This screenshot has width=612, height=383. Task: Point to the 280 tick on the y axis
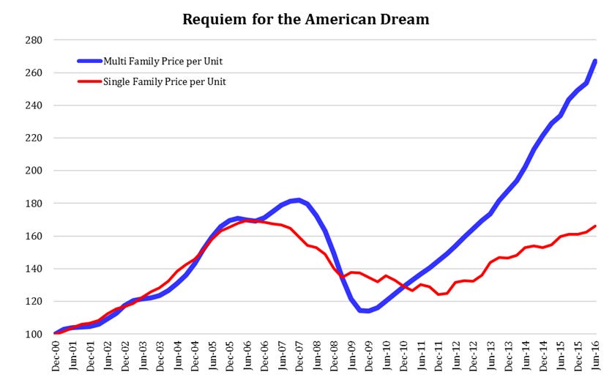34,40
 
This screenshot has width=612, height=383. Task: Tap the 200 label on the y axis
34,171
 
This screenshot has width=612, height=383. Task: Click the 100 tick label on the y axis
34,334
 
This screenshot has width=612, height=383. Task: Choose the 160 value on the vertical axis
34,236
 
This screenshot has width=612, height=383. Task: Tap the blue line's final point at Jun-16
595,61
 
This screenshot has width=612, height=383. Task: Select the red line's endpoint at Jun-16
595,226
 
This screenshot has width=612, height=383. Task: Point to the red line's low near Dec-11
439,294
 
